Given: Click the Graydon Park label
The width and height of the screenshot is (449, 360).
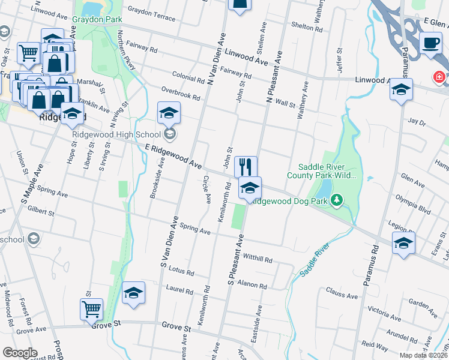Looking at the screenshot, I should point(92,20).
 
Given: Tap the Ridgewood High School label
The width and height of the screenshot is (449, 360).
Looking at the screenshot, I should point(118,134).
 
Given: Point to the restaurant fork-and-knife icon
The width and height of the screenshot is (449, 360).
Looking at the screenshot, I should point(246,166).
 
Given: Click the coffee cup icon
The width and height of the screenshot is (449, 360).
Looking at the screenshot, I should point(430,43).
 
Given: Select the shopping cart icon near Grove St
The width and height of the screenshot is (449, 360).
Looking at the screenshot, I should point(92,309).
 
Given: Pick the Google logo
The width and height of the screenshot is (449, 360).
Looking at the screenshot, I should point(20,353).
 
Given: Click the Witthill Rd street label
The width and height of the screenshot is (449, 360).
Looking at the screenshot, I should point(258,260).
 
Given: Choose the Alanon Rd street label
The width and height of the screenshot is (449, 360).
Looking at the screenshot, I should point(252,284).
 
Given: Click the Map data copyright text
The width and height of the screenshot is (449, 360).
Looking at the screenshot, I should point(424,355).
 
